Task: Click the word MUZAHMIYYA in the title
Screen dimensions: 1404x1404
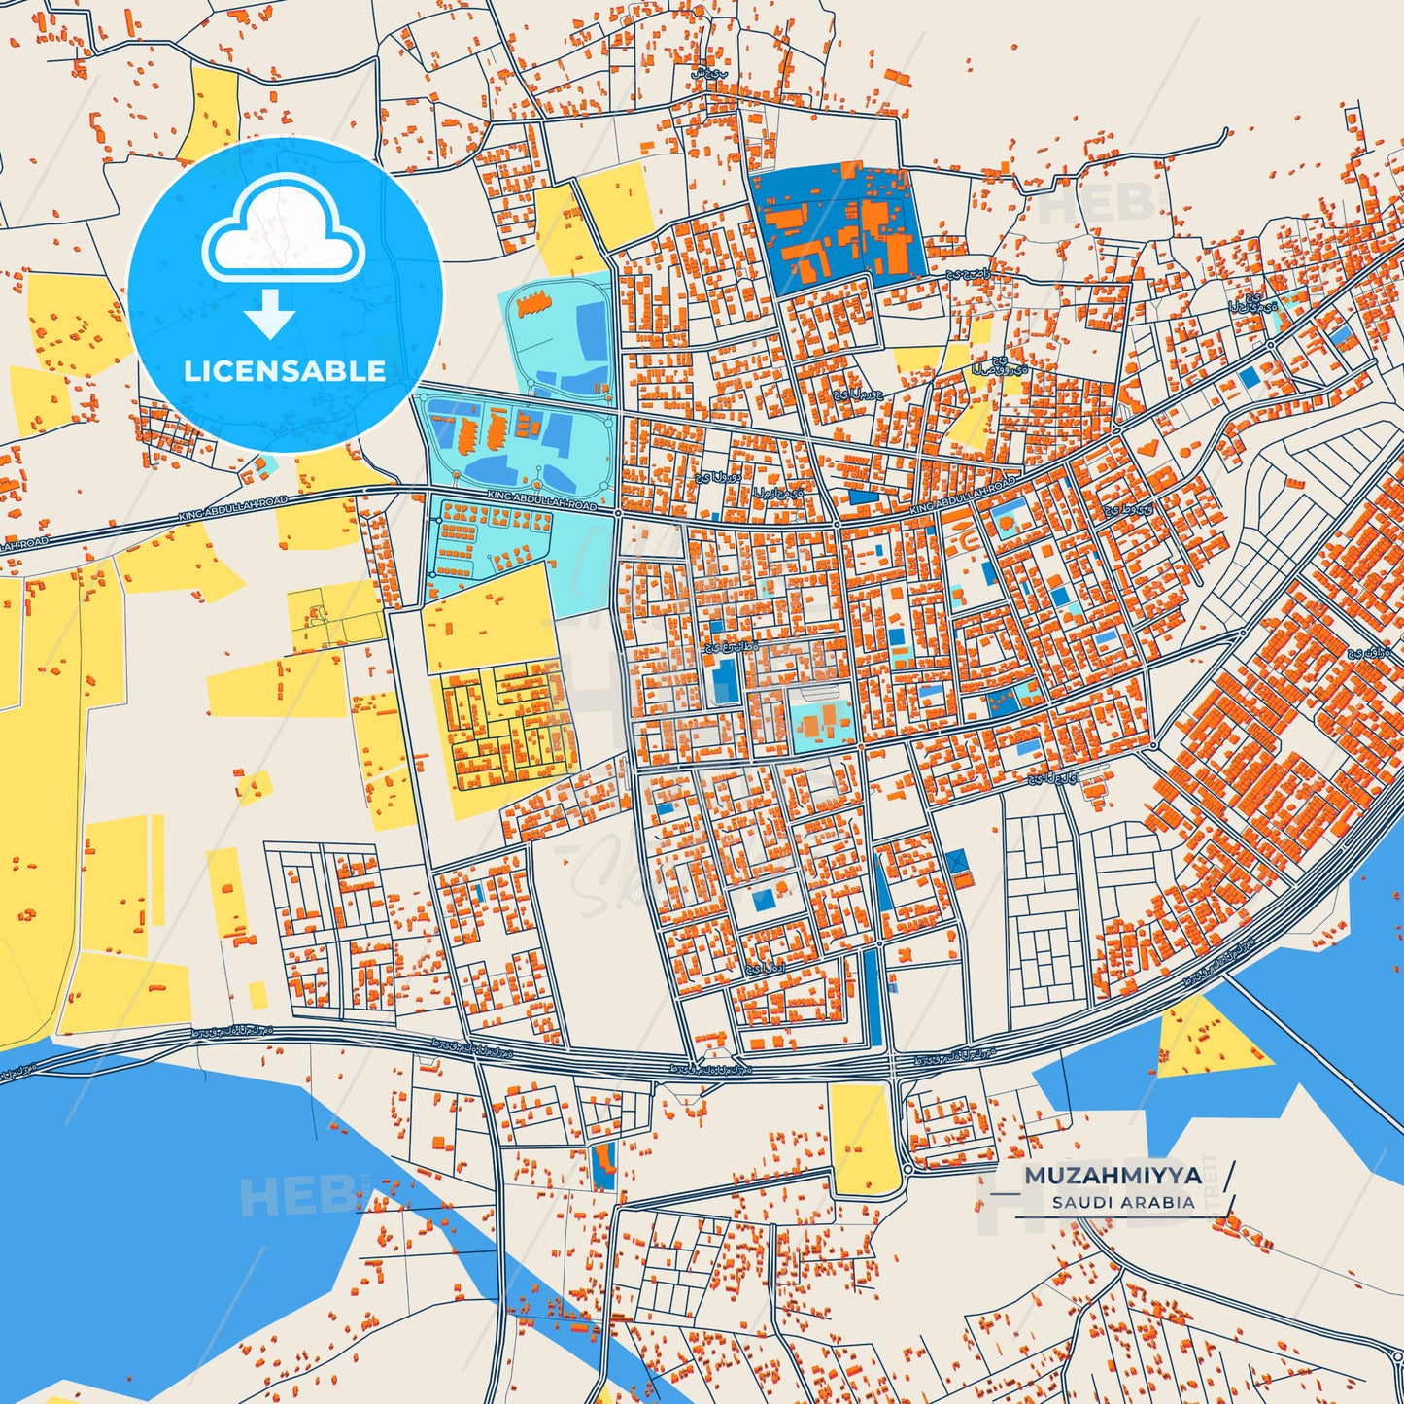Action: [x=1113, y=1175]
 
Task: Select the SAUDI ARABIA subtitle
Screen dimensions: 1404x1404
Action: [x=1122, y=1202]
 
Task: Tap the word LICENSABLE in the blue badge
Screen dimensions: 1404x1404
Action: [x=285, y=371]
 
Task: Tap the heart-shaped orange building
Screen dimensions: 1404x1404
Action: [x=1148, y=448]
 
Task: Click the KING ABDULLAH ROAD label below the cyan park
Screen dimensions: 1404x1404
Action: [x=541, y=500]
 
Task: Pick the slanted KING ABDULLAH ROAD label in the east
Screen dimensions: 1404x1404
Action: [x=962, y=497]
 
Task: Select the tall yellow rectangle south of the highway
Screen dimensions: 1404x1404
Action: [x=863, y=1138]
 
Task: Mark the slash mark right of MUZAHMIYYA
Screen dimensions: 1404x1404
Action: [x=1231, y=1175]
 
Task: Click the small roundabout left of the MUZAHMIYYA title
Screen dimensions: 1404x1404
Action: [x=907, y=1170]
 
